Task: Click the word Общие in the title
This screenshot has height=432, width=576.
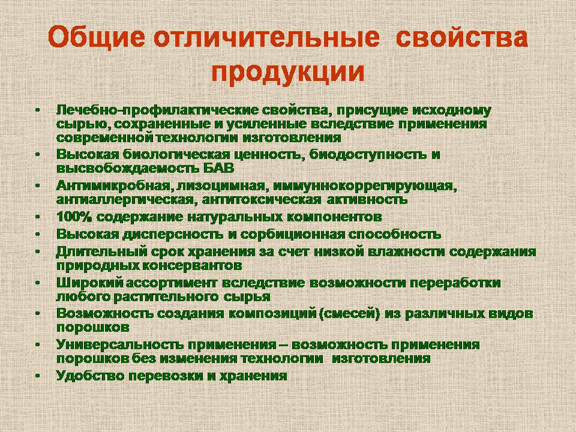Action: coord(97,37)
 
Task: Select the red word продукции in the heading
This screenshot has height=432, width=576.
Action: coord(288,71)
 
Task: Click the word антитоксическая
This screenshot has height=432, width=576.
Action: coord(261,199)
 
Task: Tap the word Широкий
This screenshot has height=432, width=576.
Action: coord(89,283)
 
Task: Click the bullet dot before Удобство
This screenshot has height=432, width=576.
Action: coord(37,376)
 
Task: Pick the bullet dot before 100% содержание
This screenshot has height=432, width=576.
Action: coord(37,217)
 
